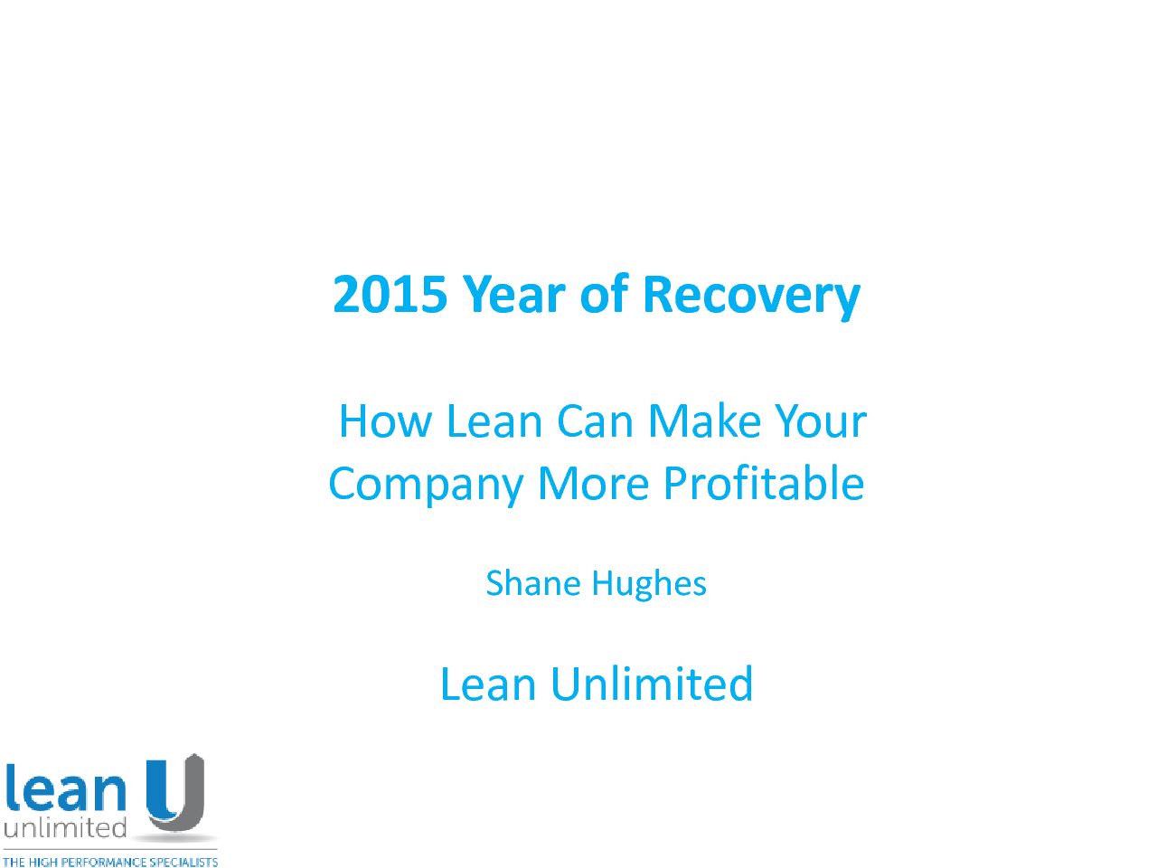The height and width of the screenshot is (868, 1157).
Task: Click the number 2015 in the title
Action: (x=390, y=294)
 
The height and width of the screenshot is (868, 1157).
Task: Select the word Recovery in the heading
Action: (x=752, y=297)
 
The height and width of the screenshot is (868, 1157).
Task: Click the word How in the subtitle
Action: (x=385, y=420)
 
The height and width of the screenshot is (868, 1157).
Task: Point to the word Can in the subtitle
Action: (x=595, y=420)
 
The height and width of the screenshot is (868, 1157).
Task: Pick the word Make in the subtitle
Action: (x=705, y=420)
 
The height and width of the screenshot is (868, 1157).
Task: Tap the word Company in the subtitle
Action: (x=426, y=486)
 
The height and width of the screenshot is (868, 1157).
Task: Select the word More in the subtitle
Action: (x=593, y=483)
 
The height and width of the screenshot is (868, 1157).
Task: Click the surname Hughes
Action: (x=649, y=586)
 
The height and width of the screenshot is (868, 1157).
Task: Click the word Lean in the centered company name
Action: (x=488, y=684)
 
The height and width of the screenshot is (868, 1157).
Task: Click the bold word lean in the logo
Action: (x=65, y=790)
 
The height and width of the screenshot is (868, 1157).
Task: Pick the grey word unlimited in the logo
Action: (x=65, y=828)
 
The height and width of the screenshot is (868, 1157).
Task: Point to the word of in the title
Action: (x=604, y=293)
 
